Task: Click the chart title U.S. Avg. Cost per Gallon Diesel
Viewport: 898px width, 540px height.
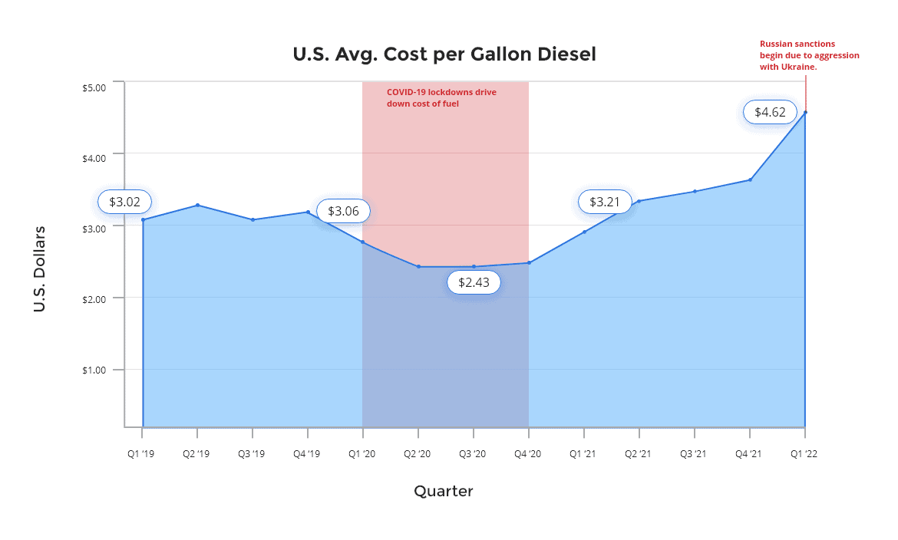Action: click(444, 54)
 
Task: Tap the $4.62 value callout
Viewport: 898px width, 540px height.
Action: click(770, 113)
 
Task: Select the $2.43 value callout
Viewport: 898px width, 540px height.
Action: click(474, 282)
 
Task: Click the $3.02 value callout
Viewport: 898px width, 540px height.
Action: click(124, 202)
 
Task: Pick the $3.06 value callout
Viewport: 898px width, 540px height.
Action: click(343, 211)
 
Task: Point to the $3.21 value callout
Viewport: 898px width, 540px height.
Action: click(605, 202)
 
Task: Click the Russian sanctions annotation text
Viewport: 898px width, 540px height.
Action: click(809, 55)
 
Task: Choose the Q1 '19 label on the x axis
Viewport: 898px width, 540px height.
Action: click(141, 454)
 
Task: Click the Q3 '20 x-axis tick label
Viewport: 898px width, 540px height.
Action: click(473, 454)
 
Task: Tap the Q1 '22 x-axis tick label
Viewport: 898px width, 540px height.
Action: click(804, 454)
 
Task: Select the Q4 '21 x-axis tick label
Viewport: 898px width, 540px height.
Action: click(749, 454)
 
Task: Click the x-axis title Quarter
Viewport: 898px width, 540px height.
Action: click(444, 491)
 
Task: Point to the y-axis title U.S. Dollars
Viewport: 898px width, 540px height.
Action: click(40, 268)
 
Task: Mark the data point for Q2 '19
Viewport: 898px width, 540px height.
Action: click(198, 205)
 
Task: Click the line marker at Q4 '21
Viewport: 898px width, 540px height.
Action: click(750, 180)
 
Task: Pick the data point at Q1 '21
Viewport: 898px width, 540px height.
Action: click(584, 232)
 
